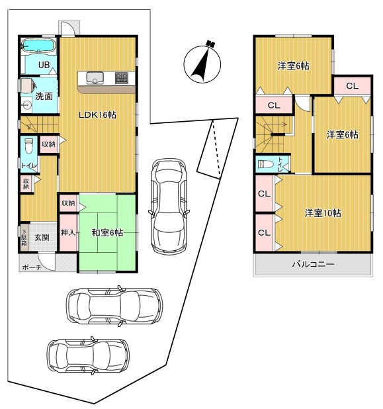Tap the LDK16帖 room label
click(97, 114)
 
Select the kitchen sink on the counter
click(95, 78)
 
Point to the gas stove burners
click(122, 78)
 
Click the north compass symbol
click(202, 62)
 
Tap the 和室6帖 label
click(107, 232)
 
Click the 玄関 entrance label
click(42, 238)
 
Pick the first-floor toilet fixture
click(28, 147)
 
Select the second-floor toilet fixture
click(265, 164)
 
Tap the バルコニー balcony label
click(313, 265)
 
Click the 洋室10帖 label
click(323, 213)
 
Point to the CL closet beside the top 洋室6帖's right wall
click(352, 86)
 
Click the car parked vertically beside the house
click(169, 206)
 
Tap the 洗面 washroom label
click(44, 96)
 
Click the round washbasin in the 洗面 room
click(26, 105)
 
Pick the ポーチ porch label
click(32, 267)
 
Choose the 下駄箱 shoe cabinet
click(24, 238)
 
